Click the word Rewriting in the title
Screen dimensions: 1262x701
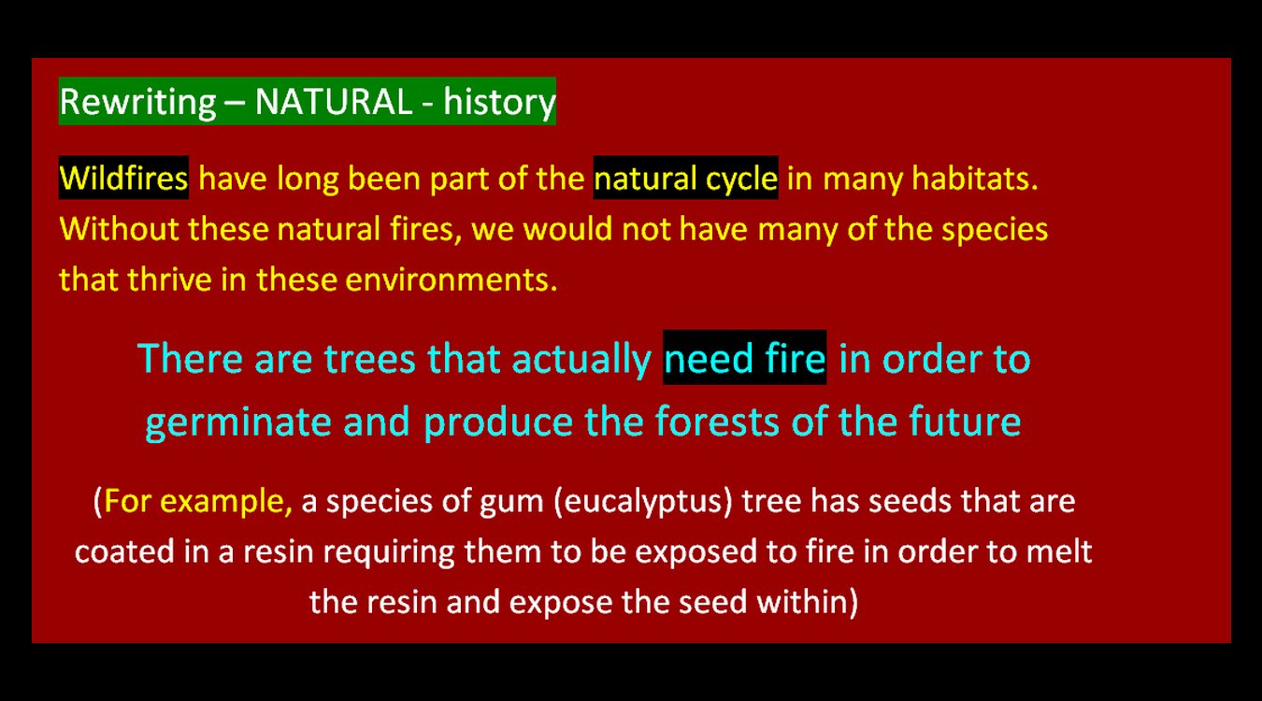138,103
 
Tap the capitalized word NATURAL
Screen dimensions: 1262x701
334,102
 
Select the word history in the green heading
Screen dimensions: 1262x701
499,103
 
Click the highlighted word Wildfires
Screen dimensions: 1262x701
123,179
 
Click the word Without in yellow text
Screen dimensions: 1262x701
119,229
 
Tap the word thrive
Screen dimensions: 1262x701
169,279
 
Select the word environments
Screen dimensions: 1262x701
452,280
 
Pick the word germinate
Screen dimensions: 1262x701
238,422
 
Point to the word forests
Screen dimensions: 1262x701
717,421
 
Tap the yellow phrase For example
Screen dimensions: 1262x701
198,501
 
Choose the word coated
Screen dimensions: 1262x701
124,551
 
